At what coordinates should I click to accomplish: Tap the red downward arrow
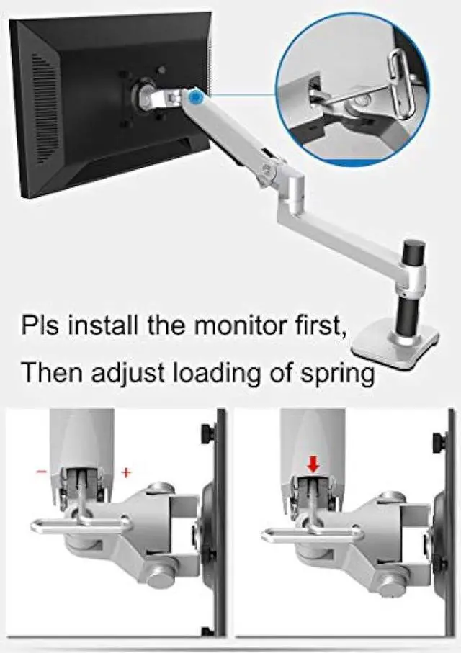coord(313,464)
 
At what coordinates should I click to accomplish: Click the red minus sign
coord(42,472)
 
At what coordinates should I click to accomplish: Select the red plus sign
coord(127,472)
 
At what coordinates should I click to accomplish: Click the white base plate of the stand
coord(396,339)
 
